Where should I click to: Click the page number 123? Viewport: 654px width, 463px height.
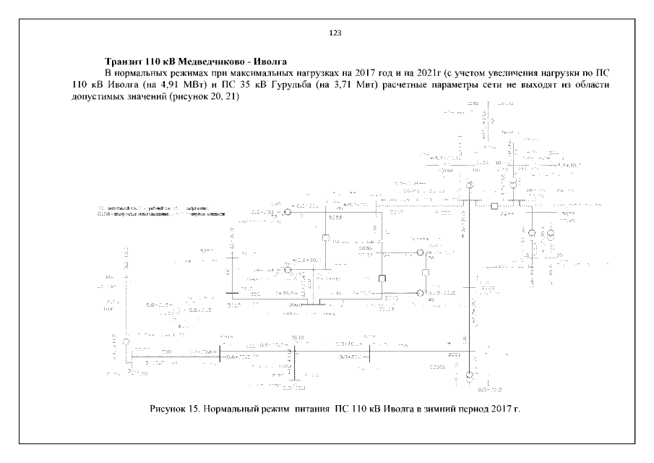pos(335,33)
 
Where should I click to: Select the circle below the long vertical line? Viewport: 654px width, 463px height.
pos(469,375)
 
